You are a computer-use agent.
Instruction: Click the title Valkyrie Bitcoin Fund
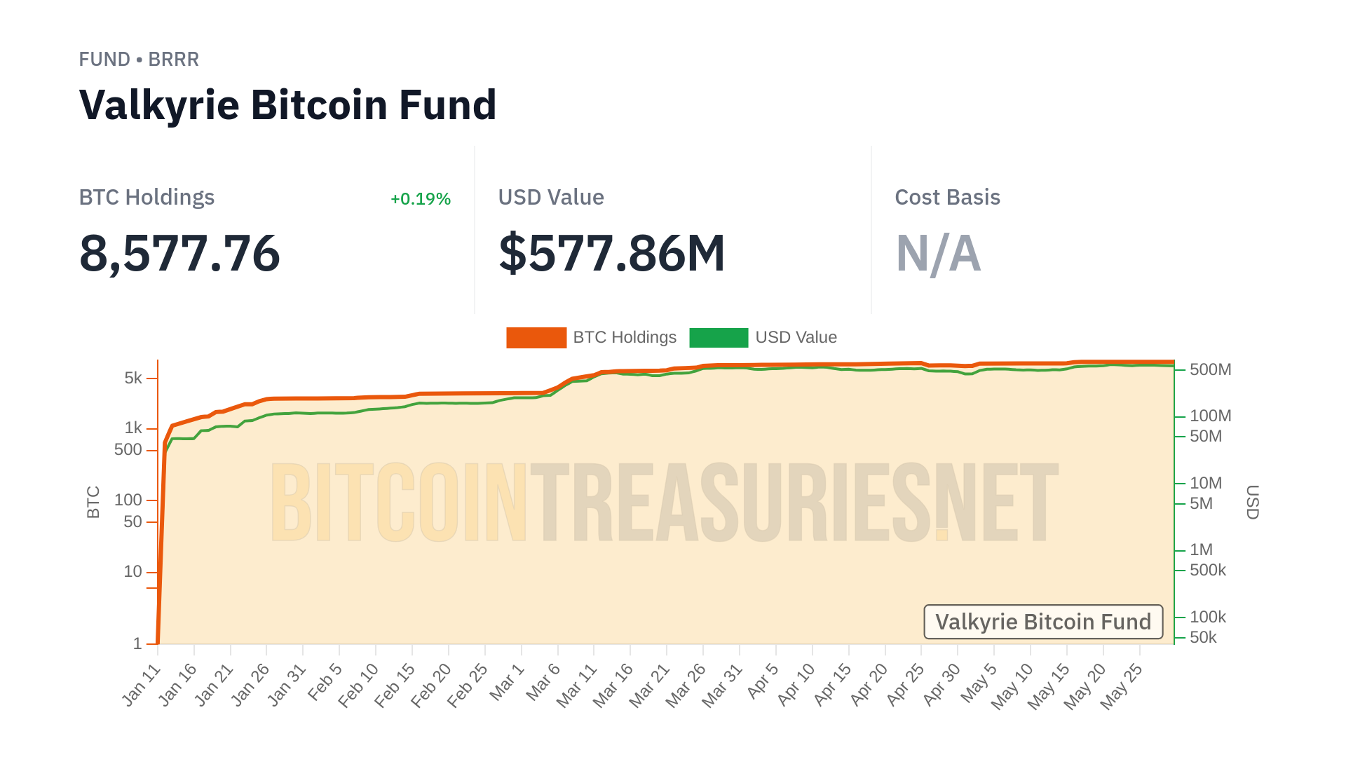[287, 105]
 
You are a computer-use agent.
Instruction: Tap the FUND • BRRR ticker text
[139, 60]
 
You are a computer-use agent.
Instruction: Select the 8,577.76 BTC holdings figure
[179, 253]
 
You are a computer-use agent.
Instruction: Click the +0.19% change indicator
[421, 199]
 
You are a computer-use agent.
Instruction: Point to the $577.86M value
[611, 253]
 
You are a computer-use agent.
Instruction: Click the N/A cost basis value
[938, 253]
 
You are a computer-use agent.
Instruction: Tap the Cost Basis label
[947, 198]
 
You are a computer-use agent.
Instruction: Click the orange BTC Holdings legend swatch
[536, 338]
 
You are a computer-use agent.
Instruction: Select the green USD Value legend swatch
[719, 338]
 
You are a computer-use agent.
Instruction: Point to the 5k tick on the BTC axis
[133, 378]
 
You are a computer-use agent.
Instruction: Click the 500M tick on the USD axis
[1210, 369]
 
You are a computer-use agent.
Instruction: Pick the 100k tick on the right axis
[1207, 617]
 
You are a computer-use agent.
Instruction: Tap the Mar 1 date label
[507, 682]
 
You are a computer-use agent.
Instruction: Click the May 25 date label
[1122, 687]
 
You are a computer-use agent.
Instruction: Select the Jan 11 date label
[142, 686]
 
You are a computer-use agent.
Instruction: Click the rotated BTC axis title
[93, 502]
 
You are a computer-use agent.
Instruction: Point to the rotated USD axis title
[1253, 502]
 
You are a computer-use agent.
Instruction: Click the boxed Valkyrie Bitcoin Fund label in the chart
[1043, 622]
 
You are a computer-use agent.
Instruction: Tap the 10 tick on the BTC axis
[133, 572]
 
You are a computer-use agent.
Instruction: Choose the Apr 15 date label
[833, 685]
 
